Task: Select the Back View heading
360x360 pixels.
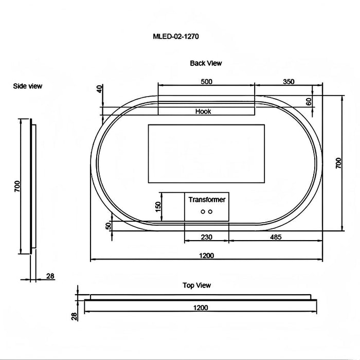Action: tap(206, 63)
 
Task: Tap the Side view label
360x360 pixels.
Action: tap(28, 86)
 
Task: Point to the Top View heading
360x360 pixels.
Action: tap(197, 285)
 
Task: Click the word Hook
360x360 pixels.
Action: tap(203, 111)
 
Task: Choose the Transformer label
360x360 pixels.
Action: tap(207, 200)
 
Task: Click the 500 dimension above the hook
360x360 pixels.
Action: tap(206, 81)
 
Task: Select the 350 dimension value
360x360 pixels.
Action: tap(289, 81)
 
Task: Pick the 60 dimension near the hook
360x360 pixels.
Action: tap(309, 101)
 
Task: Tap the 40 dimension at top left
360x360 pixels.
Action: tap(99, 89)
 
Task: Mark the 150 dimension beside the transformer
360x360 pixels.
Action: tap(158, 206)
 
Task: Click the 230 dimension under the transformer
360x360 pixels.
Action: tap(207, 237)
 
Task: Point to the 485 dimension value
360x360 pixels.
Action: tap(276, 237)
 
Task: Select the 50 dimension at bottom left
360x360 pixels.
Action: tap(108, 226)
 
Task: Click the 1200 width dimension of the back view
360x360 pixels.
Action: tap(207, 256)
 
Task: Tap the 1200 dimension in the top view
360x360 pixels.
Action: tap(201, 308)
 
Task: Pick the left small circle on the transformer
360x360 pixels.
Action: tap(203, 211)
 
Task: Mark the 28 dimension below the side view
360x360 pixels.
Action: tap(50, 276)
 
